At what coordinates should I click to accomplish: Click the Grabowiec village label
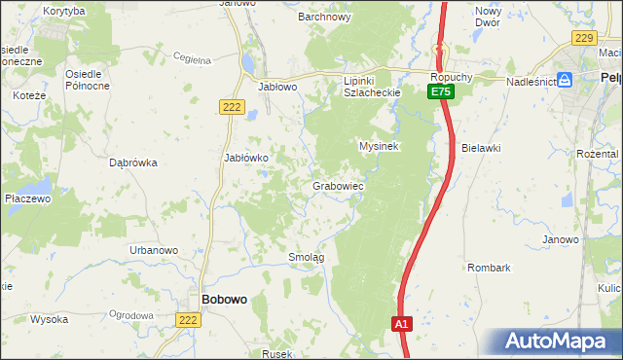pyautogui.click(x=338, y=185)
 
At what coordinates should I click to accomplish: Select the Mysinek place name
pyautogui.click(x=380, y=146)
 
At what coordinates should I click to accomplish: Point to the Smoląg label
pyautogui.click(x=306, y=257)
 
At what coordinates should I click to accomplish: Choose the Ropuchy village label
pyautogui.click(x=453, y=74)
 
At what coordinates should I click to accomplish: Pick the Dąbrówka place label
pyautogui.click(x=134, y=163)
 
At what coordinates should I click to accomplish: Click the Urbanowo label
pyautogui.click(x=154, y=250)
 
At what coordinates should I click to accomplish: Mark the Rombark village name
pyautogui.click(x=489, y=267)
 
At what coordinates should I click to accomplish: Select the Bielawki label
pyautogui.click(x=481, y=148)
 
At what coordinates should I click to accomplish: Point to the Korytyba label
pyautogui.click(x=64, y=11)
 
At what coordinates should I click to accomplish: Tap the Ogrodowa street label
pyautogui.click(x=132, y=315)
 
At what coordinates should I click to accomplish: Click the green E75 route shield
pyautogui.click(x=441, y=90)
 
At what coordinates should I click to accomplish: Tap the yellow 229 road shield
pyautogui.click(x=583, y=37)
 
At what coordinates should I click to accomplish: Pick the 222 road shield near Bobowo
pyautogui.click(x=189, y=320)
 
